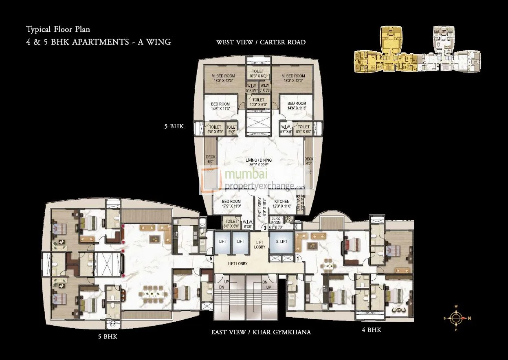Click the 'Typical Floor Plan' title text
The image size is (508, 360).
58,29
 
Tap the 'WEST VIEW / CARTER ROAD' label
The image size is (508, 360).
261,42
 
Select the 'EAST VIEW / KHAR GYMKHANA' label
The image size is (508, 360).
261,332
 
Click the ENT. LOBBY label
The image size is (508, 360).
259,206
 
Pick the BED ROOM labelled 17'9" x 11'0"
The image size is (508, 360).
231,204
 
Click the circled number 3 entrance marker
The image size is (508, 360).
265,228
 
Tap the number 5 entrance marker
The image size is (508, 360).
211,258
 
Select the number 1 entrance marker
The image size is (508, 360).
298,257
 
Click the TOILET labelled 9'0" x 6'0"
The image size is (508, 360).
215,129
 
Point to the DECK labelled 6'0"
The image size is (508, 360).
210,160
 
